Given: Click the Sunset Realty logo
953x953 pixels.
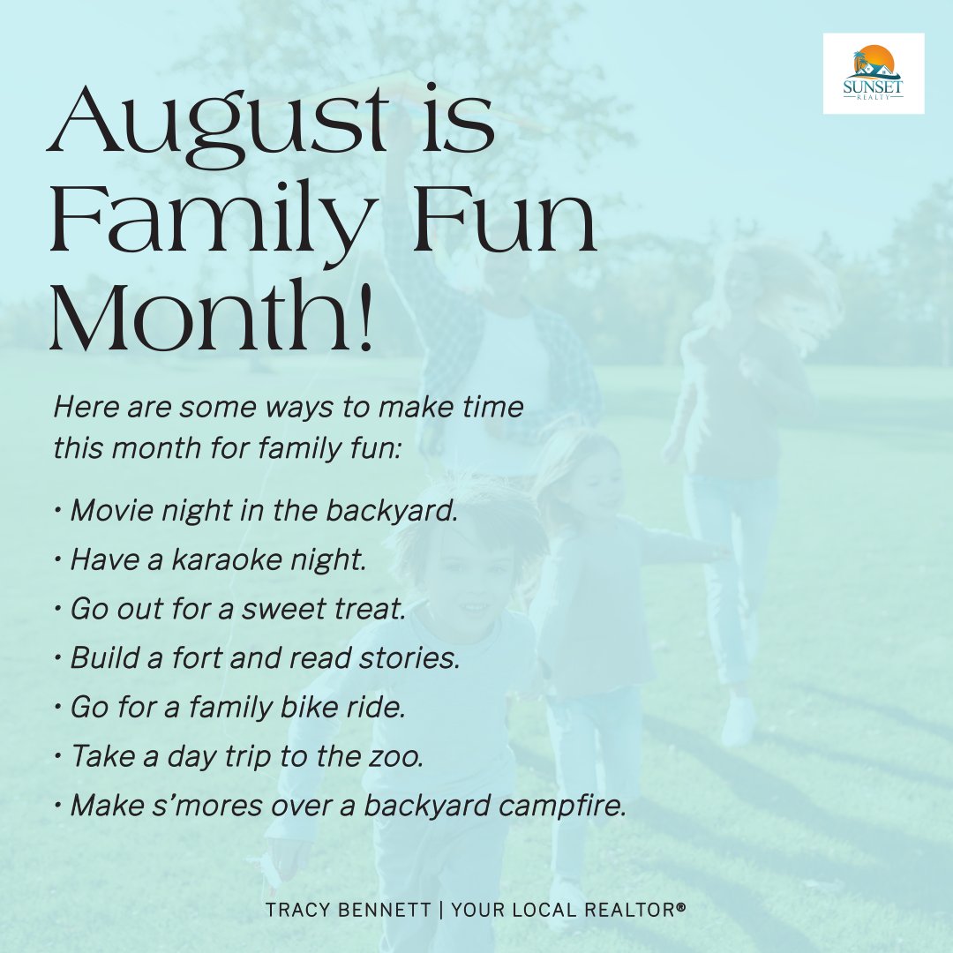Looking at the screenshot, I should [873, 73].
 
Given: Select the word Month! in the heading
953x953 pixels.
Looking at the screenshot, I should [212, 316].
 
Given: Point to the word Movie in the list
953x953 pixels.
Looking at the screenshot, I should [109, 511].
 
